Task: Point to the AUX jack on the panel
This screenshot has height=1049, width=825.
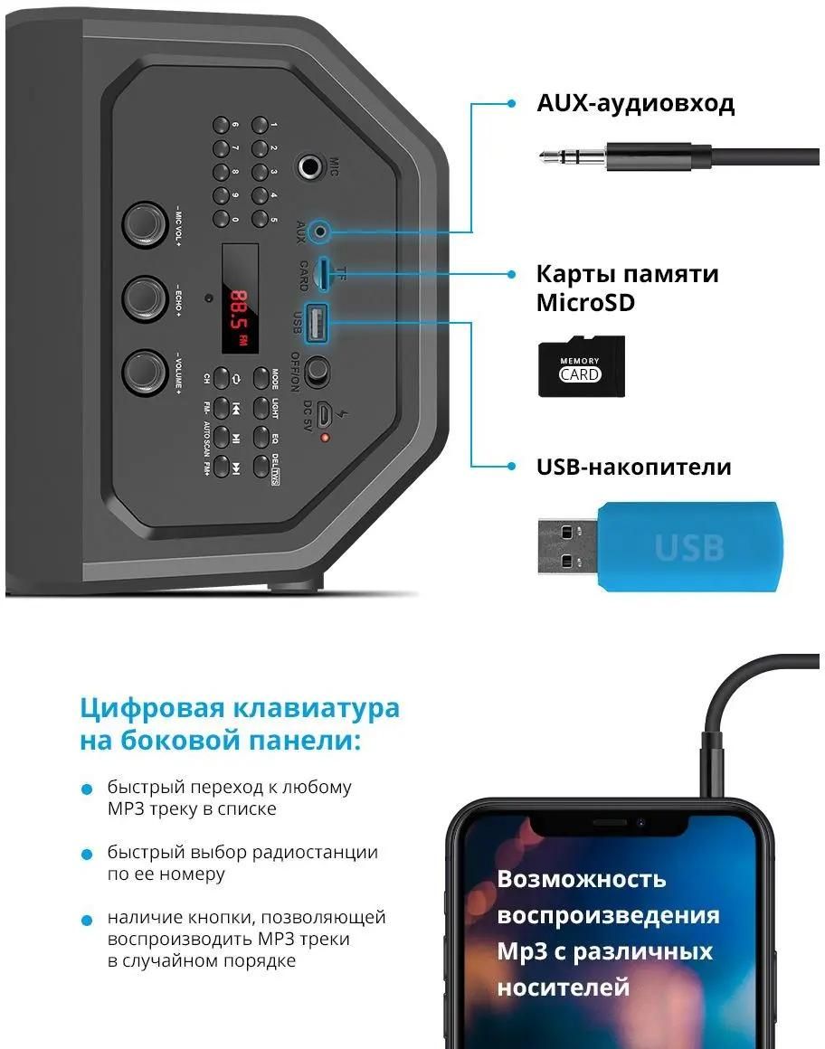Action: (318, 232)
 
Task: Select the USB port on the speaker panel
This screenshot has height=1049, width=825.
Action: (318, 324)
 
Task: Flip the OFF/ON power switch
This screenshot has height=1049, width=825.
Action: (318, 371)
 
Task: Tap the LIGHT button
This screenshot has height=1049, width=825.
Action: (261, 406)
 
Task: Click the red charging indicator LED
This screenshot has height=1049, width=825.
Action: (325, 439)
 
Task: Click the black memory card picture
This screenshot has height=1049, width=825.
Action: (581, 366)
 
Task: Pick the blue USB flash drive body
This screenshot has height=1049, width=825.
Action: (689, 546)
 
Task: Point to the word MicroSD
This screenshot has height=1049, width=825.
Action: (585, 302)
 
